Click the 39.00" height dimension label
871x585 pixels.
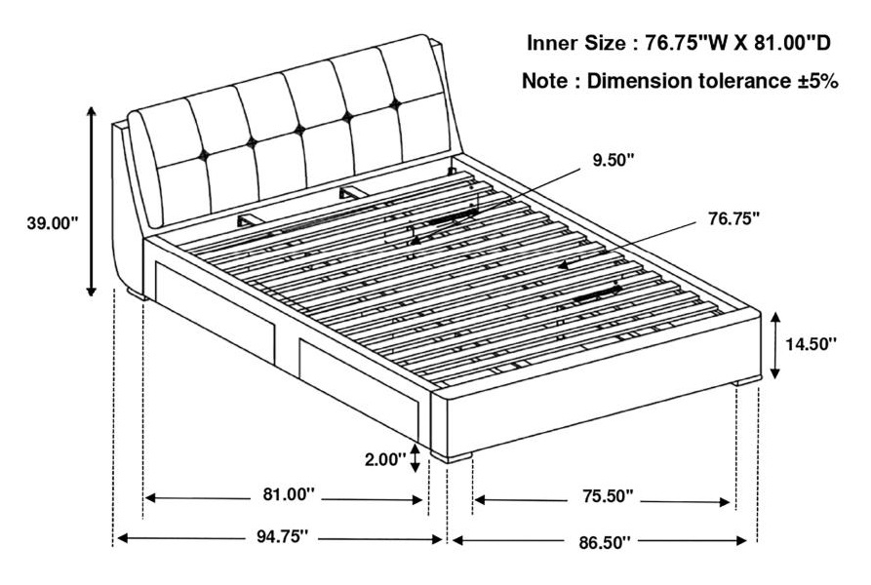click(x=53, y=223)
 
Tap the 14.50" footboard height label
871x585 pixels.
click(x=811, y=344)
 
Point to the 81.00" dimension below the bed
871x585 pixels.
click(x=289, y=494)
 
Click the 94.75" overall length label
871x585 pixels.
click(x=282, y=536)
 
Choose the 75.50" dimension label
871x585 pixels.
click(x=608, y=495)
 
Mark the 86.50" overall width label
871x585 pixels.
click(x=606, y=542)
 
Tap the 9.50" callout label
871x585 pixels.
click(x=614, y=160)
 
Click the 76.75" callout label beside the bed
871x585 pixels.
click(x=733, y=218)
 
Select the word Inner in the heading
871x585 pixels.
click(x=553, y=43)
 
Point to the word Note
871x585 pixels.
click(x=545, y=81)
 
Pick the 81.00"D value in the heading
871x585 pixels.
click(x=792, y=43)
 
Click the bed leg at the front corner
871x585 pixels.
click(x=451, y=457)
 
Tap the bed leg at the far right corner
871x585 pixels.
click(x=746, y=381)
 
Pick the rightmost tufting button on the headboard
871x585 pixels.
click(x=395, y=102)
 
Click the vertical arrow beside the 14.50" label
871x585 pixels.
click(x=776, y=345)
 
